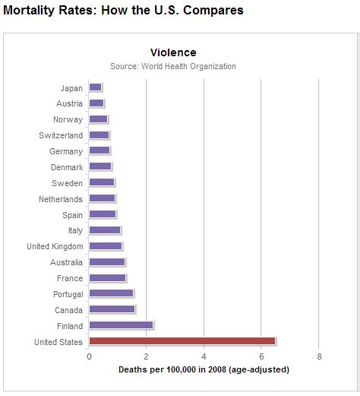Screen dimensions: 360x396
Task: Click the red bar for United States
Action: pyautogui.click(x=182, y=341)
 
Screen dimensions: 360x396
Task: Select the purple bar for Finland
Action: pyautogui.click(x=121, y=325)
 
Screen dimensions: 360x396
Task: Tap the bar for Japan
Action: pyautogui.click(x=96, y=87)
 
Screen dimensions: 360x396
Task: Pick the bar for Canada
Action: pyautogui.click(x=112, y=309)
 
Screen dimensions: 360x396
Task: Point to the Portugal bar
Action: pyautogui.click(x=111, y=293)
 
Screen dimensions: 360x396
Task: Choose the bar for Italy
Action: pyautogui.click(x=105, y=230)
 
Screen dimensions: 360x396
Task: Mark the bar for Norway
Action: pyautogui.click(x=99, y=119)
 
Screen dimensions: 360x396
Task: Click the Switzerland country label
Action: pyautogui.click(x=61, y=135)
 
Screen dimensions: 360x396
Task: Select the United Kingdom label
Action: pyautogui.click(x=55, y=246)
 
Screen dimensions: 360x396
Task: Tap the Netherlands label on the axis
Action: pyautogui.click(x=61, y=199)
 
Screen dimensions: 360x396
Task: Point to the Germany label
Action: pyautogui.click(x=66, y=151)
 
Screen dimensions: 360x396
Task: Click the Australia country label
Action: pyautogui.click(x=66, y=262)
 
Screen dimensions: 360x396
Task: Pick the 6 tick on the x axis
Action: pyautogui.click(x=261, y=356)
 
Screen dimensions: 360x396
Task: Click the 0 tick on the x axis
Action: pyautogui.click(x=89, y=356)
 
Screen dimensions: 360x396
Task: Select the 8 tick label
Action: pyautogui.click(x=319, y=356)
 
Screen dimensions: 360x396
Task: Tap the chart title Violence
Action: pyautogui.click(x=173, y=52)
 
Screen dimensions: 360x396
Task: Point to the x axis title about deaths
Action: pyautogui.click(x=204, y=369)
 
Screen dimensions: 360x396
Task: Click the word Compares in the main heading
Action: pyautogui.click(x=213, y=11)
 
